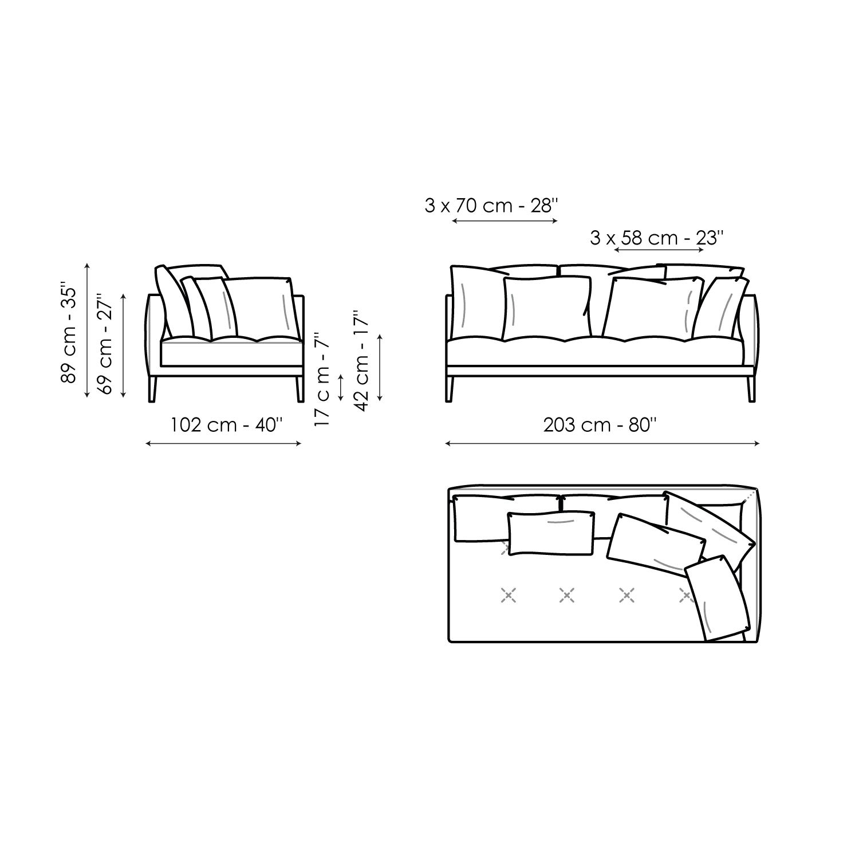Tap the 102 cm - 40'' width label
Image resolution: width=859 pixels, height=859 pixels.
[227, 425]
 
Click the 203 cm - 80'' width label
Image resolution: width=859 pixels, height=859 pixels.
[600, 425]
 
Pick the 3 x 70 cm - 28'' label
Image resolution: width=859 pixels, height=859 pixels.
[491, 206]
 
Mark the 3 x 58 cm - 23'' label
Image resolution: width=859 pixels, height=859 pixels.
[657, 237]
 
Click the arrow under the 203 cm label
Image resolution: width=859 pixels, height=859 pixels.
[602, 443]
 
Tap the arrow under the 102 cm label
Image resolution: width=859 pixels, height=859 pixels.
[223, 443]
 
